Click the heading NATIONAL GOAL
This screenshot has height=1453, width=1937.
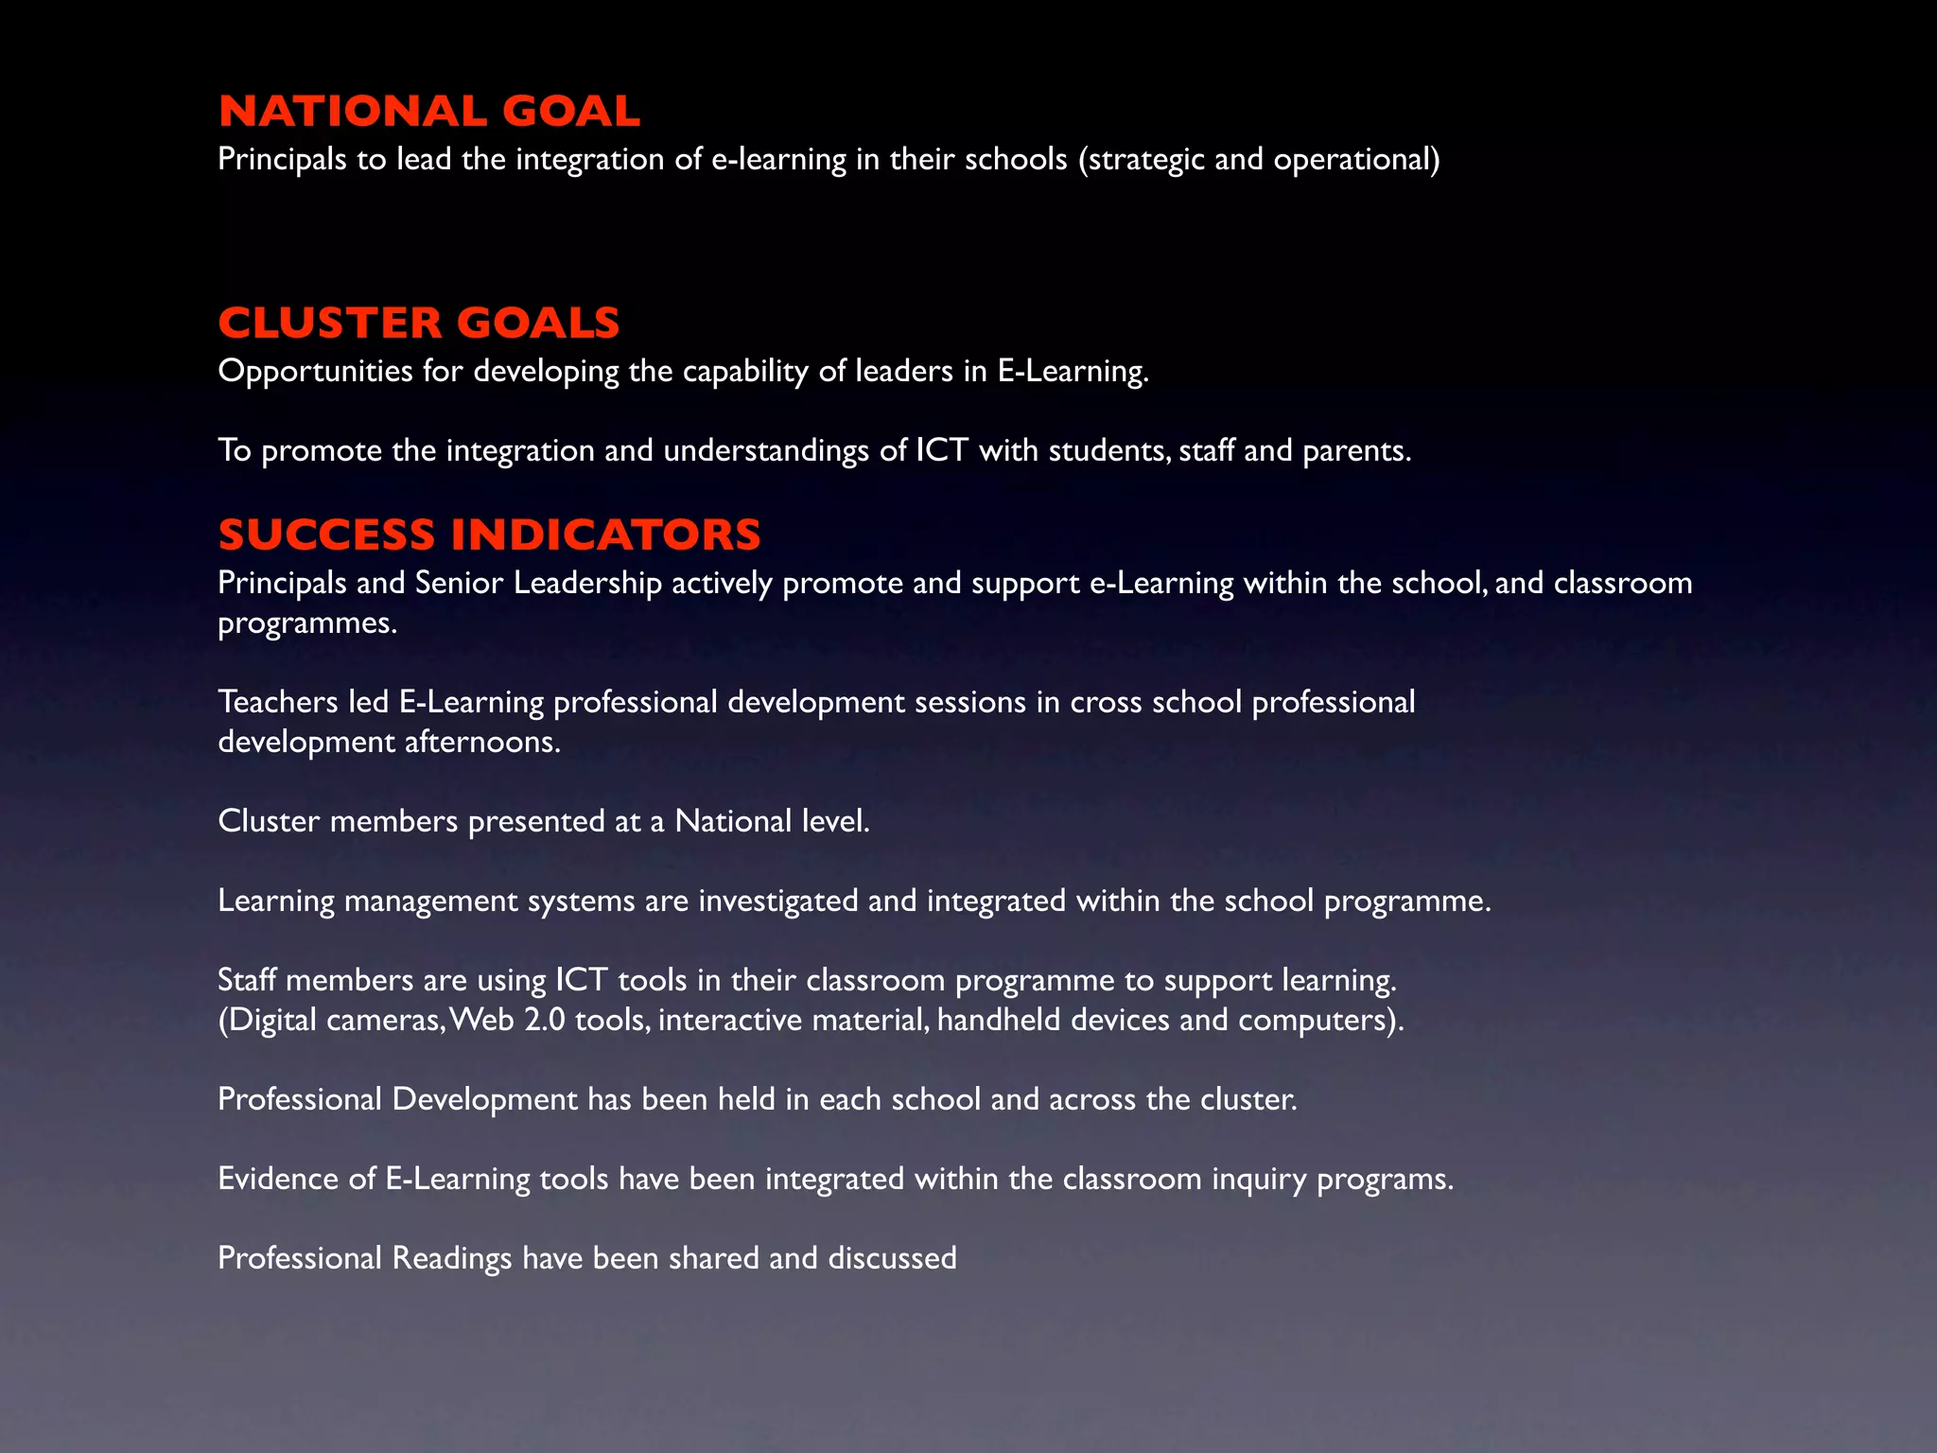click(429, 112)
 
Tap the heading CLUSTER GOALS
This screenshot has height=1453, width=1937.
click(419, 324)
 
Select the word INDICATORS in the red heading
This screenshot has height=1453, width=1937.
click(605, 535)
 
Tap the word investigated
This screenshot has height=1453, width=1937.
click(778, 901)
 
